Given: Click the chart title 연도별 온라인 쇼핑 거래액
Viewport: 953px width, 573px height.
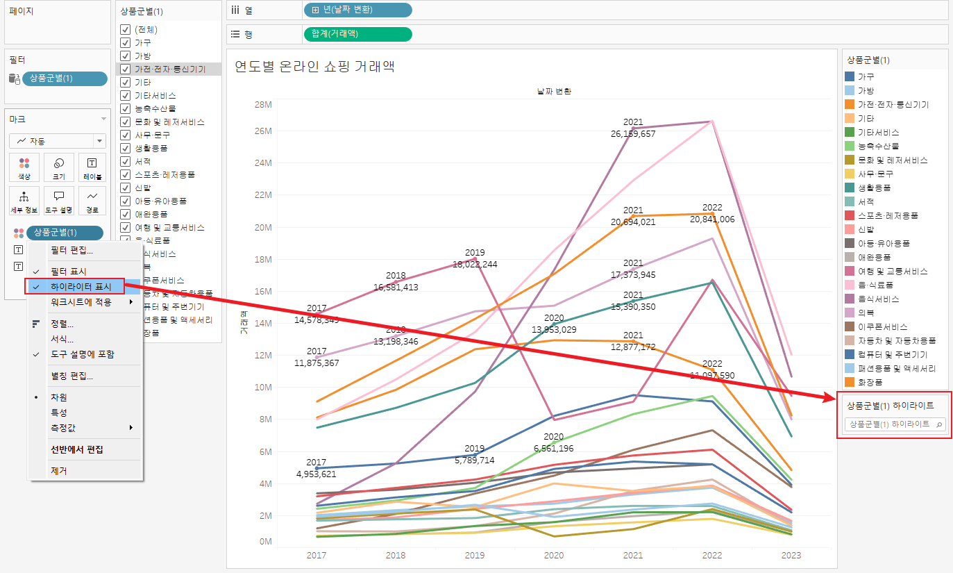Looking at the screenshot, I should [x=314, y=67].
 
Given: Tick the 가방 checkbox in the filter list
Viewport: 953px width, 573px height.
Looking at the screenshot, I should [x=125, y=56].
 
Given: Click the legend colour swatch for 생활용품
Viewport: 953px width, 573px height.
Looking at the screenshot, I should [x=849, y=188].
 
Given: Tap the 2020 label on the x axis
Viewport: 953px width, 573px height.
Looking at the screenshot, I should [x=553, y=556].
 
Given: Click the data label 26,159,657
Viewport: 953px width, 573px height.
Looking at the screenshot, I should [x=633, y=134].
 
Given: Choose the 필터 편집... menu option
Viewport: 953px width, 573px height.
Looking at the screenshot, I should [x=71, y=250].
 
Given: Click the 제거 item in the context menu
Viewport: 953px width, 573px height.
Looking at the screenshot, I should [x=59, y=470].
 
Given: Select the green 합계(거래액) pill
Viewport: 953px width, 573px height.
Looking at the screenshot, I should [x=357, y=34].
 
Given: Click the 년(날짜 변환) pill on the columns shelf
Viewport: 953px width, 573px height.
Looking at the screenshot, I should [x=357, y=10].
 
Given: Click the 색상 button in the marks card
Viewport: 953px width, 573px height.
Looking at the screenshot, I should [x=24, y=167].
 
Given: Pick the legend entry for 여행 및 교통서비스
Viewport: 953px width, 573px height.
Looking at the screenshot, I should [x=892, y=271].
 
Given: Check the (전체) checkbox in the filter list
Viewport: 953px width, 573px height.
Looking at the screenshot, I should [x=125, y=29].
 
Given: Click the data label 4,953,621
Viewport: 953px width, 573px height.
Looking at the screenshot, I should [x=317, y=474].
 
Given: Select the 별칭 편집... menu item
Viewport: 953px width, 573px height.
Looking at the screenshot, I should [x=71, y=376].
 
